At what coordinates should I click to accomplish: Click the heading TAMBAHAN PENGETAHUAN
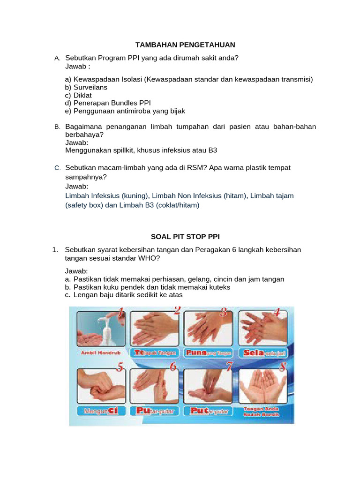point(185,45)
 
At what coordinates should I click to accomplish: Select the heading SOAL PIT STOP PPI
point(185,237)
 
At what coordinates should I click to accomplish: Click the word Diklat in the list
point(82,95)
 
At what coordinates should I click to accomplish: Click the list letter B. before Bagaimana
point(57,127)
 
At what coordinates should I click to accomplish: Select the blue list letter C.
point(57,168)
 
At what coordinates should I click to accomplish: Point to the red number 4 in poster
point(277,313)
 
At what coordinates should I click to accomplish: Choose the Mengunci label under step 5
point(99,411)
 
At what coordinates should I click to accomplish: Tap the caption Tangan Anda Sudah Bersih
point(261,412)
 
